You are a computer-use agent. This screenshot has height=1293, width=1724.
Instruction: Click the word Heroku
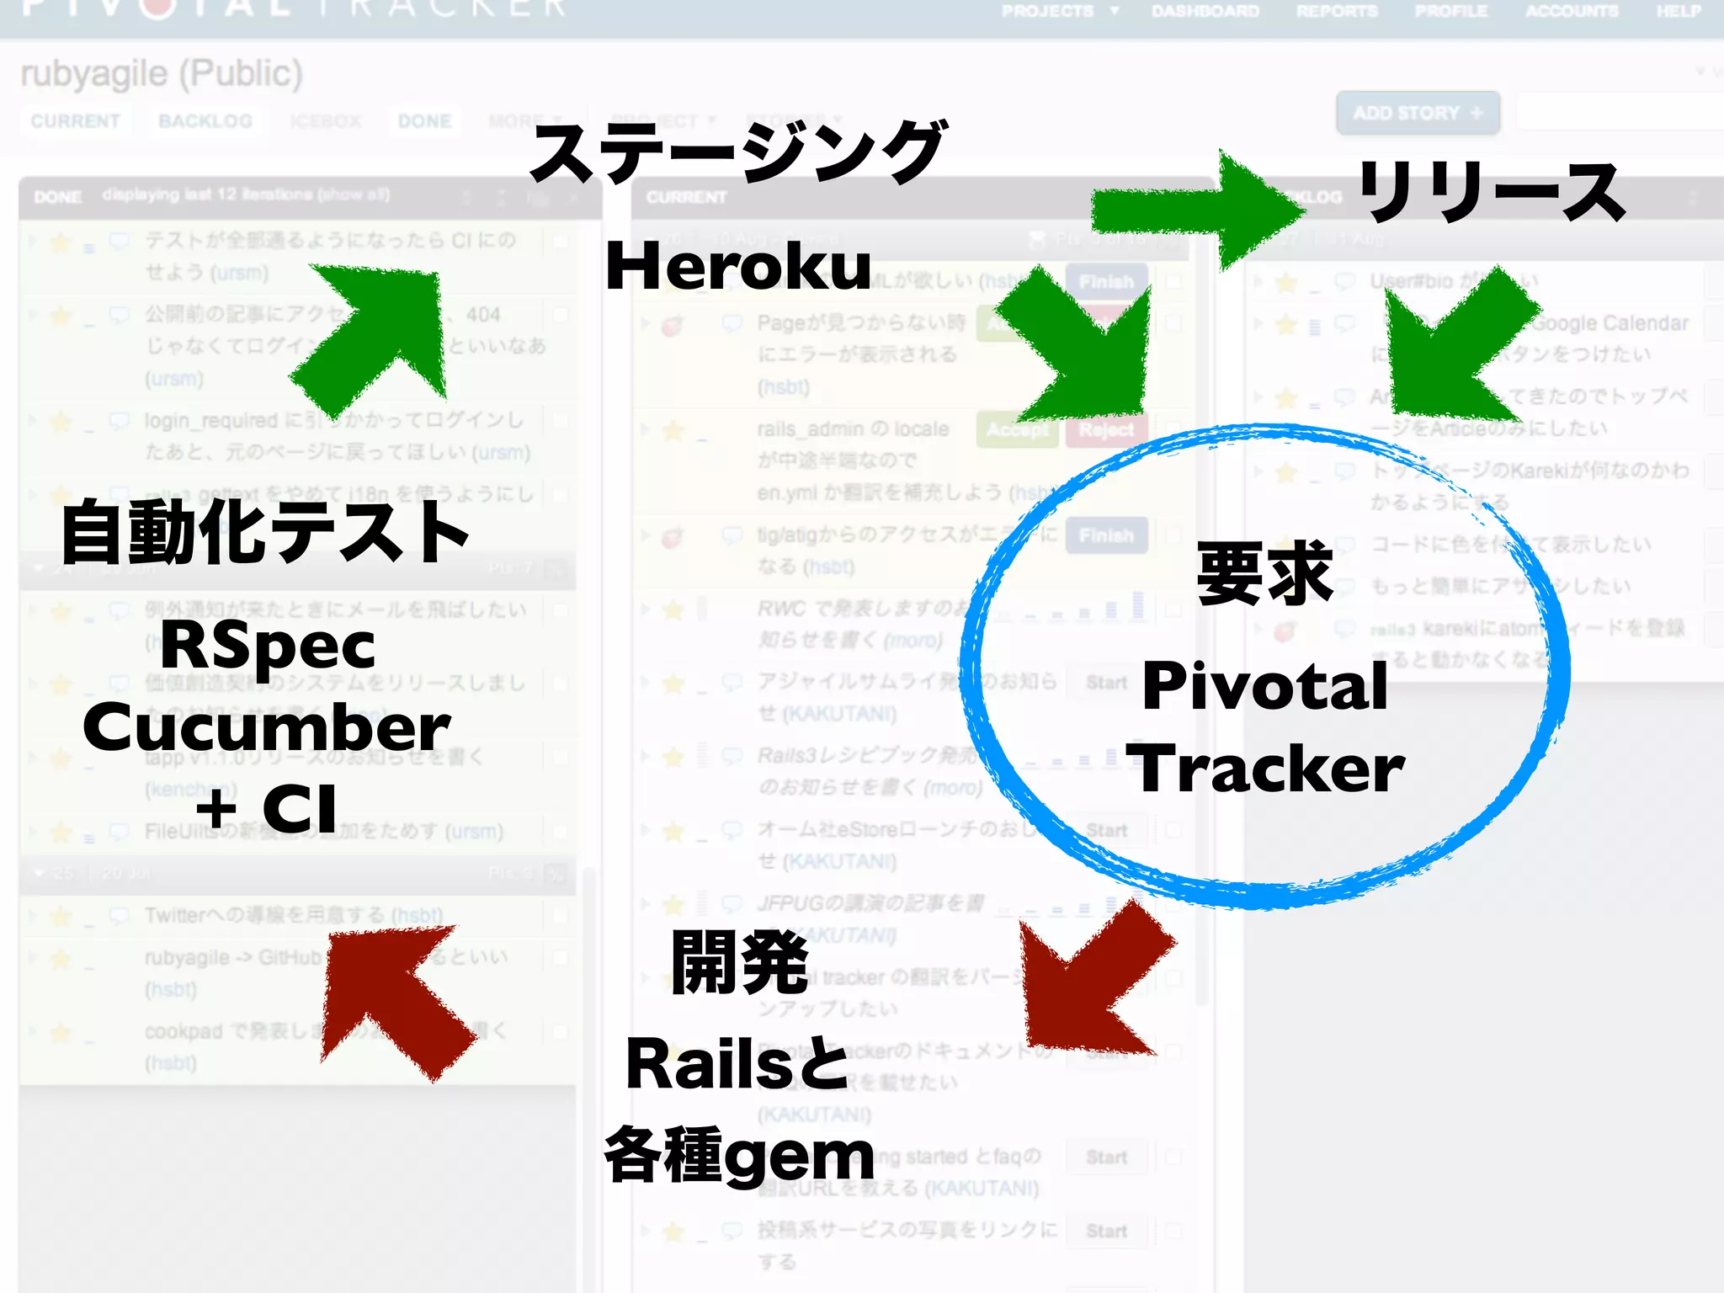point(738,266)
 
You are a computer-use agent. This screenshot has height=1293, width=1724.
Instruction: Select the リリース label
point(1491,193)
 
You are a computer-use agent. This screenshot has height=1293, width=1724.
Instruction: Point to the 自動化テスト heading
point(265,532)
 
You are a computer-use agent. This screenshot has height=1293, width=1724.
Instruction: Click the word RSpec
point(268,646)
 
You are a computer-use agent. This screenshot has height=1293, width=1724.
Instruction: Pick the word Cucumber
point(267,727)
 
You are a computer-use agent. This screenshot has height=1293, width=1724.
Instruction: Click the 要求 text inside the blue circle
point(1264,574)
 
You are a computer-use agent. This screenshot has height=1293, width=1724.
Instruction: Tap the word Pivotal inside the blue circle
point(1264,686)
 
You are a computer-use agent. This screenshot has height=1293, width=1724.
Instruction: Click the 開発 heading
point(740,963)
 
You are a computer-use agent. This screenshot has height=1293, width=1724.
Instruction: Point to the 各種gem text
point(740,1157)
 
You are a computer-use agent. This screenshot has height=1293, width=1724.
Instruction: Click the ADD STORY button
point(1418,113)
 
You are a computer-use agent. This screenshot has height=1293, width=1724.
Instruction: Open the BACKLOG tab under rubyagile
point(205,121)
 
